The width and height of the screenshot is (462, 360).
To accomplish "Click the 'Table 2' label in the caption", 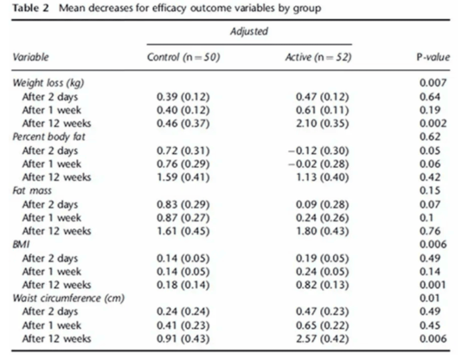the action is coord(30,8).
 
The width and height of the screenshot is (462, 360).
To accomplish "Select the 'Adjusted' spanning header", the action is coord(249,31).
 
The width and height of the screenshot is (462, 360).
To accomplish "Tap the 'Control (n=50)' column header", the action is coord(183,57).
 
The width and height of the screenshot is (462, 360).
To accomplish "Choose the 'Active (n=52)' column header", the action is coord(318,57).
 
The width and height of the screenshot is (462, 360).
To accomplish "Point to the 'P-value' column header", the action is coord(433,57).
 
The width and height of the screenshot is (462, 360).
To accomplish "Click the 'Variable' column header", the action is coord(30,57).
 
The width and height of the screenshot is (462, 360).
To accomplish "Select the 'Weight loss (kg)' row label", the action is coord(48,83).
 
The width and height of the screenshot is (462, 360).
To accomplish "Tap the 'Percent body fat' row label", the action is coord(48,137).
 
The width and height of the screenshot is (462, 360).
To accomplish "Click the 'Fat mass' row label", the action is coord(32,190).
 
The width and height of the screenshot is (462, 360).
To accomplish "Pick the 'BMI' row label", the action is coord(21,244).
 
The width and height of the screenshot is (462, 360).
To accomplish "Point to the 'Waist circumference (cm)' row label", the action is coord(68,299).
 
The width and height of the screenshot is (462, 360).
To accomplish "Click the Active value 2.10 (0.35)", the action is coord(323,124).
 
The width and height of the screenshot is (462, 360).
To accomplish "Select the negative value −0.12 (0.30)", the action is coord(318,151).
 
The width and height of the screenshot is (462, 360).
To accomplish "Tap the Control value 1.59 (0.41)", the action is coord(183,177).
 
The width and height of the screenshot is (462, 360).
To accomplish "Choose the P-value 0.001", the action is coord(433,285).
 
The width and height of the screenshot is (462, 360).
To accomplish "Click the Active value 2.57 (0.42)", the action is coord(323,338).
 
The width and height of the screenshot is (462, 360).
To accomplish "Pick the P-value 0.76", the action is coord(430,231).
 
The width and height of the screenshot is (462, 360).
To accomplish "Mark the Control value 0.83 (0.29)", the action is coord(183,204).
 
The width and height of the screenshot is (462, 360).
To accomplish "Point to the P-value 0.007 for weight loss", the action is coord(433,83).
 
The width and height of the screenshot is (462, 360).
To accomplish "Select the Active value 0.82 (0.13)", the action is coord(323,285).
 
